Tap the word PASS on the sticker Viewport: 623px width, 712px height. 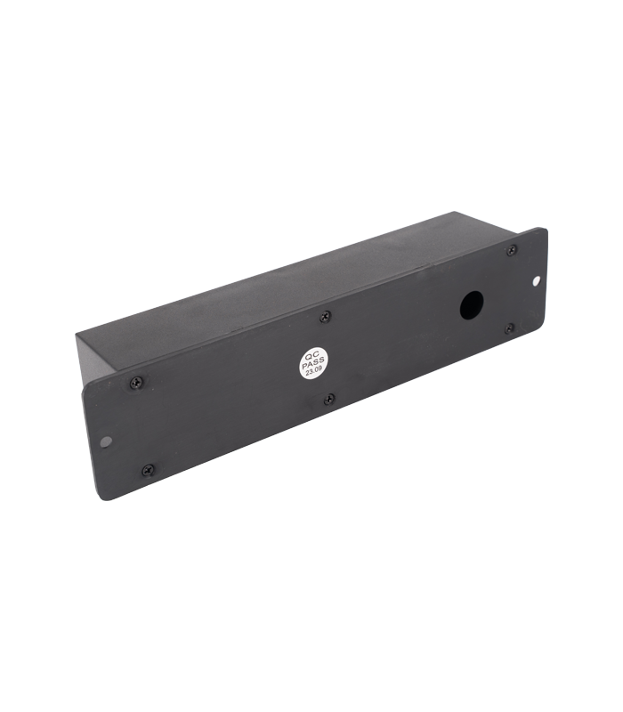tap(313, 364)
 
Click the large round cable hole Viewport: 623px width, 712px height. tap(472, 304)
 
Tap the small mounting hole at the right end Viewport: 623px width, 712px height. tap(536, 282)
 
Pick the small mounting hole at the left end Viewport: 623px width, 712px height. tap(106, 441)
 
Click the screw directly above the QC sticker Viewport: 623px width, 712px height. tap(325, 317)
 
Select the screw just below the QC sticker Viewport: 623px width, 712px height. tap(329, 400)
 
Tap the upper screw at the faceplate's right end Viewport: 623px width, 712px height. tap(511, 249)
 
